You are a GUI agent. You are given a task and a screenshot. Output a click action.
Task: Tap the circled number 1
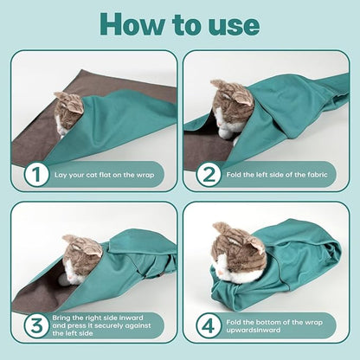click(36, 176)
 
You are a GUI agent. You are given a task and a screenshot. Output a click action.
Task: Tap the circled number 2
click(209, 176)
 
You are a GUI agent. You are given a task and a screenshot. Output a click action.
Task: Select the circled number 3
click(36, 328)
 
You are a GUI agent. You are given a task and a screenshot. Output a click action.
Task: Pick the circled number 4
click(209, 328)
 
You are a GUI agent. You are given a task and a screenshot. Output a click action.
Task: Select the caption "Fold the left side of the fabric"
click(279, 176)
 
